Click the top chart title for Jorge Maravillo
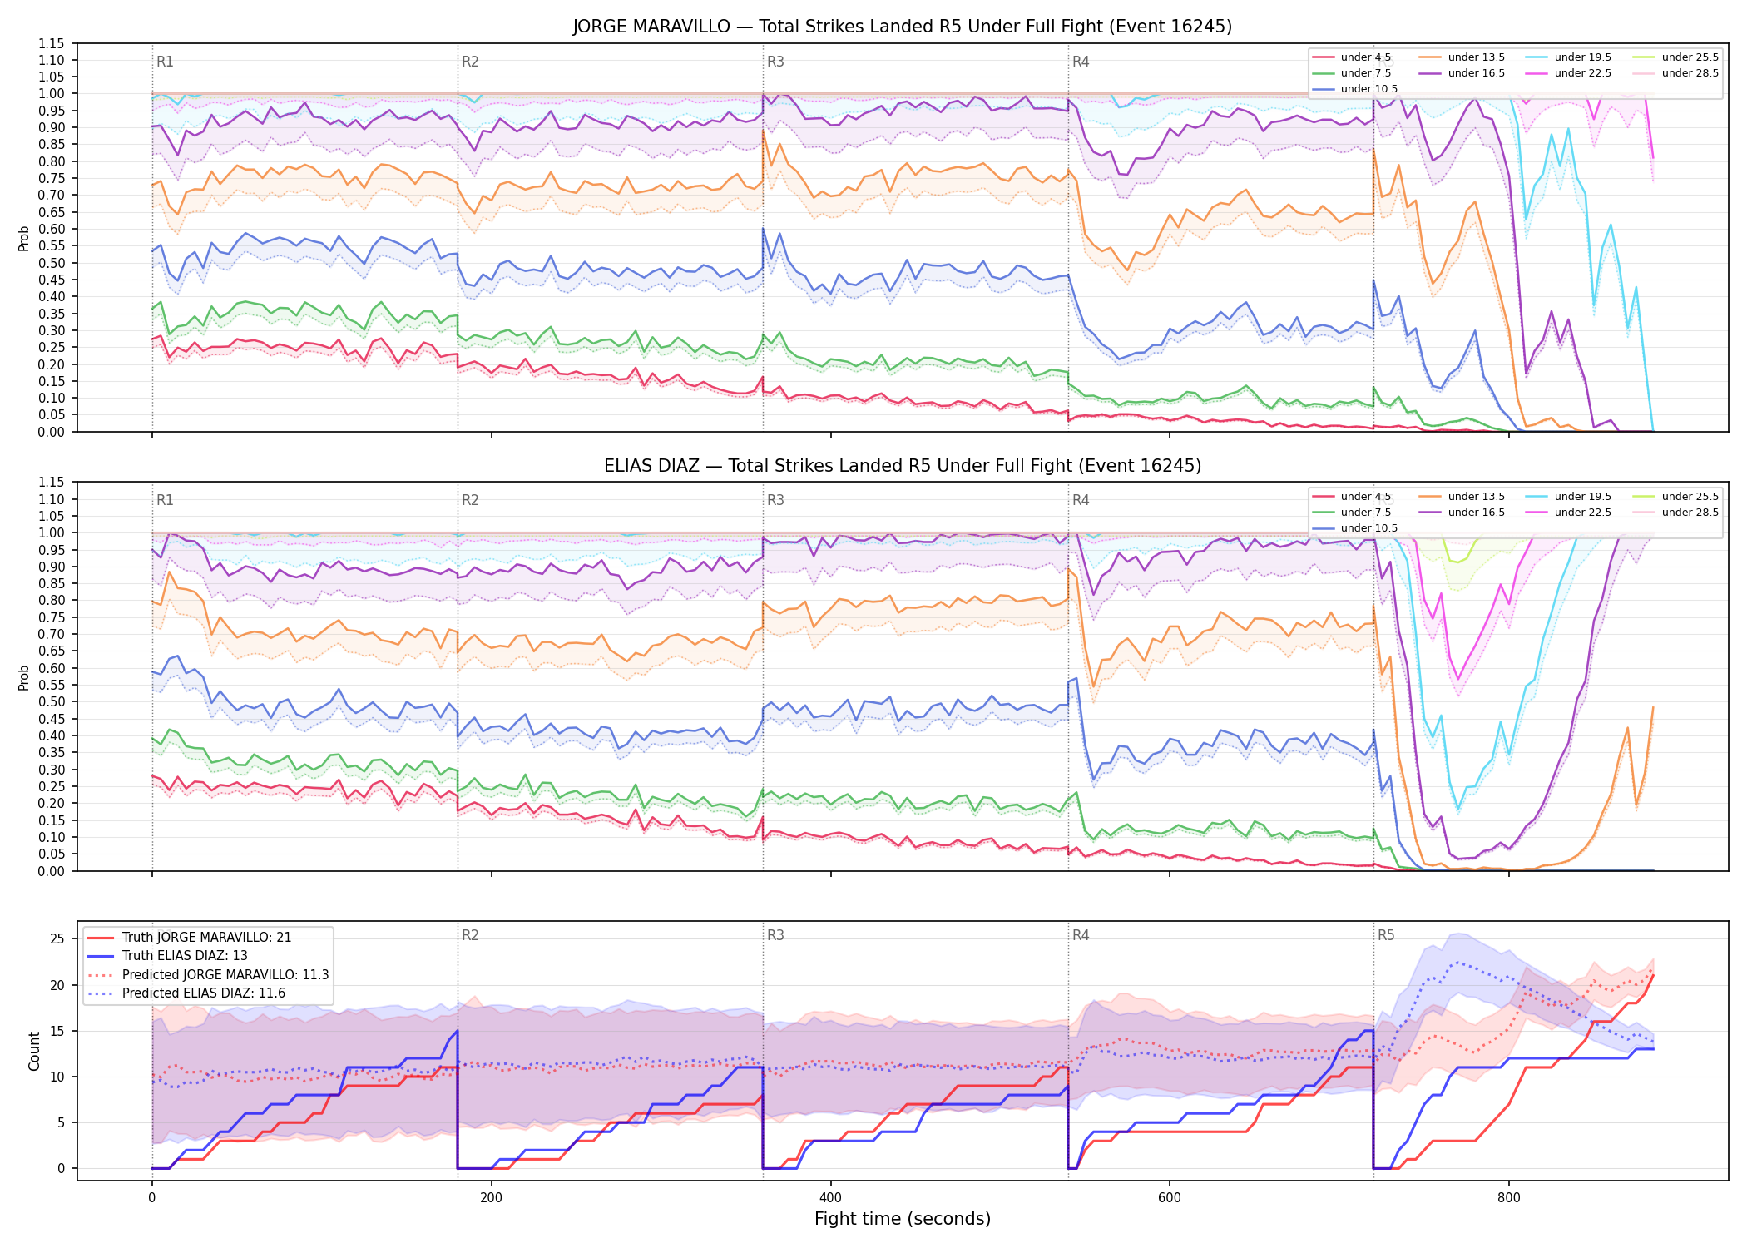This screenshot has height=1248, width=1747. [902, 27]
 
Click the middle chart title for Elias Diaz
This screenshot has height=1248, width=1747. [902, 466]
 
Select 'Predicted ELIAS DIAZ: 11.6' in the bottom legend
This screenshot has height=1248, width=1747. [203, 993]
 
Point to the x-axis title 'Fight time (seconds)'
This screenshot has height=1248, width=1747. [902, 1219]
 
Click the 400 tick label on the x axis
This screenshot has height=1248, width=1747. [830, 1198]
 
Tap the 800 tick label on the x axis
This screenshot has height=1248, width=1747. [1508, 1198]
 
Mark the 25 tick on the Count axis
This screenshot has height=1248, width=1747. [57, 939]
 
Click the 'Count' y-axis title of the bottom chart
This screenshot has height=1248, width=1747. [34, 1051]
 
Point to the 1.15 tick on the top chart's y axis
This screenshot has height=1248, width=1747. [52, 43]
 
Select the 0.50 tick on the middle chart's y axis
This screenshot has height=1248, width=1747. [52, 701]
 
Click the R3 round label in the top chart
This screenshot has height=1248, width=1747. [775, 62]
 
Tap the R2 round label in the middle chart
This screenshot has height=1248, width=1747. [470, 500]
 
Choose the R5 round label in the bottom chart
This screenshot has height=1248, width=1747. [1386, 935]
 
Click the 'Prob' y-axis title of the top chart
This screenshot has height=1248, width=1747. [24, 239]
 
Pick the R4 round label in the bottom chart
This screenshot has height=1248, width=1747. [1081, 935]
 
